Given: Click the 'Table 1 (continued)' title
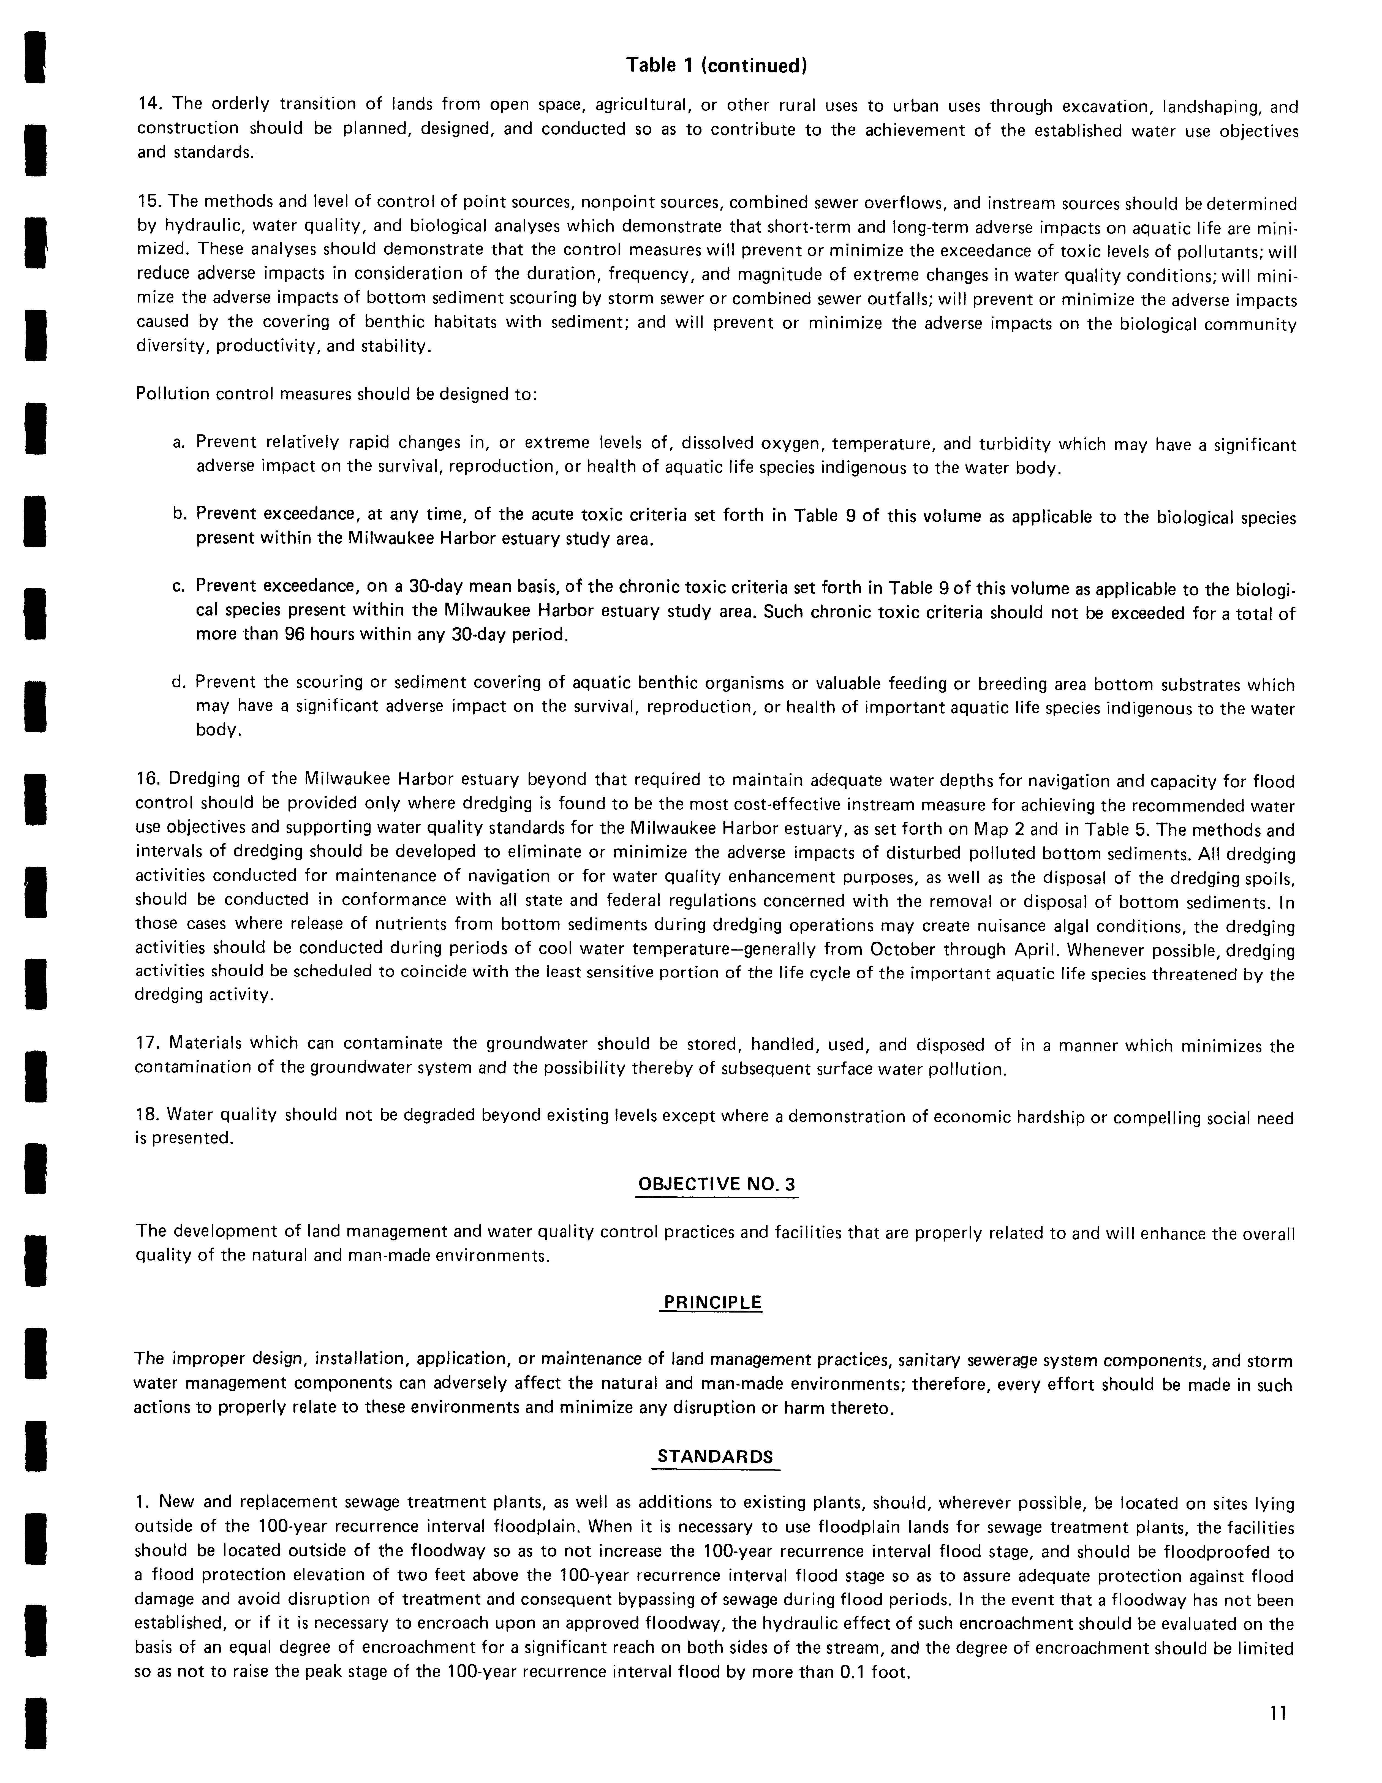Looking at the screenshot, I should click(716, 65).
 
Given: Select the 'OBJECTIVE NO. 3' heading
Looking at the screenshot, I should click(716, 1184).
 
